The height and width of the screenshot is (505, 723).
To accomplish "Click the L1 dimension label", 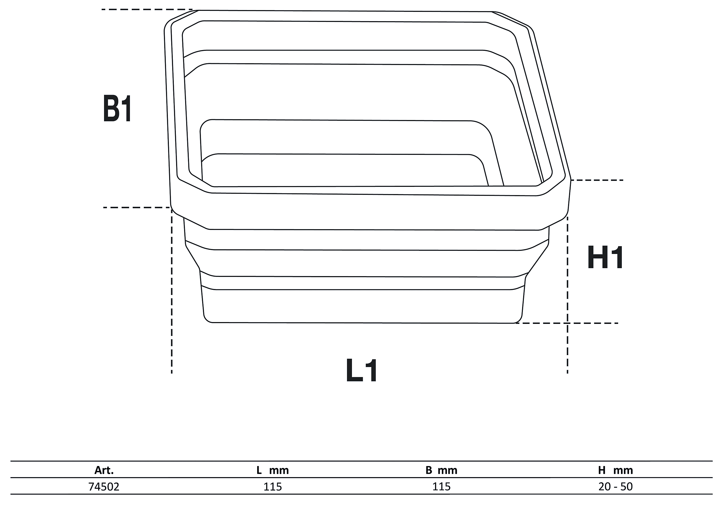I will tap(361, 371).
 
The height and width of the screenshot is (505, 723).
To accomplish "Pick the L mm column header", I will tap(273, 470).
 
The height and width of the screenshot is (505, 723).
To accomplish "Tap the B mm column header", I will tap(441, 470).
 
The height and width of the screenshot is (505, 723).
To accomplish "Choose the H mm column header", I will tap(615, 470).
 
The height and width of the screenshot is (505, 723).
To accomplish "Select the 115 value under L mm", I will tap(273, 487).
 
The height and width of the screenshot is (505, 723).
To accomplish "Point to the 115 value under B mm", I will tap(441, 487).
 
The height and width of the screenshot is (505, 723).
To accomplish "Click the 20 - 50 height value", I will tap(615, 487).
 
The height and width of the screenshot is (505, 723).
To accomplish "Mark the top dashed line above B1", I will tap(146, 10).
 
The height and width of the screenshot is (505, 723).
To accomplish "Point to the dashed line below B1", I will tap(137, 207).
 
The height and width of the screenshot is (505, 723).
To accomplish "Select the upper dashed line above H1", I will tap(597, 180).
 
